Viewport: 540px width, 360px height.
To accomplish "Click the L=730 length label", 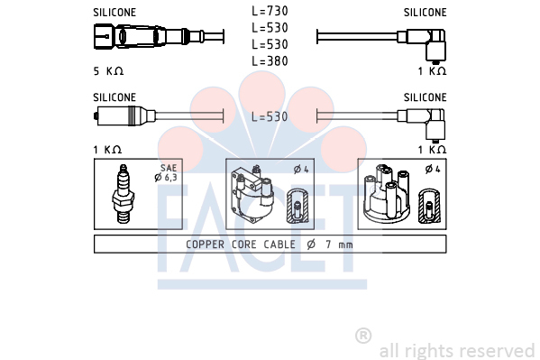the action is point(270,11).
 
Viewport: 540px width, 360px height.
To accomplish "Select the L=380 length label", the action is point(270,61).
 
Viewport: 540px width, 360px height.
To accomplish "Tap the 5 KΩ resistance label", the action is point(108,71).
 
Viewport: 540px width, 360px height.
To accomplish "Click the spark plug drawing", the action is point(123,194).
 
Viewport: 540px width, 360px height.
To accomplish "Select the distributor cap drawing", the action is point(387,194).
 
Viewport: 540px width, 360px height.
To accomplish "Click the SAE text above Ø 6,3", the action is point(169,168).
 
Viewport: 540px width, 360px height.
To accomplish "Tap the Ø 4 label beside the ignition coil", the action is point(301,170).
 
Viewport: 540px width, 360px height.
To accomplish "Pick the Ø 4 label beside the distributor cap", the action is point(433,169).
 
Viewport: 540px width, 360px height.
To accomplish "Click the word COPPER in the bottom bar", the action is point(206,245).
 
